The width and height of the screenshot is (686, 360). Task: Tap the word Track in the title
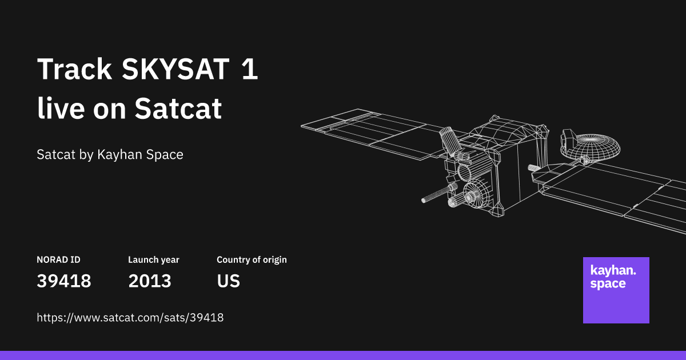click(74, 70)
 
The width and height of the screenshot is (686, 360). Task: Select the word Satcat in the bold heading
click(178, 108)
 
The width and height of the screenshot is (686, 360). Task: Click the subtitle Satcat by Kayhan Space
click(110, 154)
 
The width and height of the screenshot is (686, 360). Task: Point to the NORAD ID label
click(58, 259)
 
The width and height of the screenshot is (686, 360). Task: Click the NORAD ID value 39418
click(64, 281)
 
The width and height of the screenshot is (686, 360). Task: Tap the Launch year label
click(153, 259)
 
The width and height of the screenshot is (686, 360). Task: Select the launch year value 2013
click(150, 281)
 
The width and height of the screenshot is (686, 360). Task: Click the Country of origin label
click(252, 259)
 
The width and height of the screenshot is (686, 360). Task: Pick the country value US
click(228, 281)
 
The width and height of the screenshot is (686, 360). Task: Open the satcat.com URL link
click(130, 317)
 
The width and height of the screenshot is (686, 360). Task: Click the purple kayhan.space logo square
click(616, 290)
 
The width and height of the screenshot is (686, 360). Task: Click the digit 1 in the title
click(250, 70)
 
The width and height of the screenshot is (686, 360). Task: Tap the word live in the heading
click(61, 108)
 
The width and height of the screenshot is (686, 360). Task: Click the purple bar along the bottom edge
click(343, 355)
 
